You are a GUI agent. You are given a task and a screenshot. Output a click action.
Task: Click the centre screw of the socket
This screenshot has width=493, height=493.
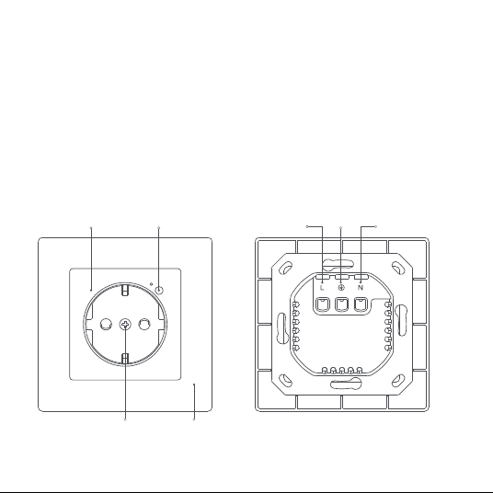[x=125, y=324]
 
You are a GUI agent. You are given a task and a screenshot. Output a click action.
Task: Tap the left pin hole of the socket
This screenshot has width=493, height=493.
[x=106, y=324]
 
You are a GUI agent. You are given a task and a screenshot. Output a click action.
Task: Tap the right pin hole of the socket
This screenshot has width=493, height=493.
[x=144, y=324]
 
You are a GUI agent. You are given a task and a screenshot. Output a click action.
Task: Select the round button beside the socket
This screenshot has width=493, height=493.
[x=160, y=290]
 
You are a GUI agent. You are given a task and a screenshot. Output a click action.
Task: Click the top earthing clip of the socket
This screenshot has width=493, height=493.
[x=125, y=290]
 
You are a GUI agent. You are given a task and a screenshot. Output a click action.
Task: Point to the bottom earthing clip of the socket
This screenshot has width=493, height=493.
[x=125, y=359]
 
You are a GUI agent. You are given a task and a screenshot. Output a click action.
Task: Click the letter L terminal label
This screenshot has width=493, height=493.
[x=322, y=287]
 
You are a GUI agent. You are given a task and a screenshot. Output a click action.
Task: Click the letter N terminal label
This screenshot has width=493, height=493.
[x=361, y=287]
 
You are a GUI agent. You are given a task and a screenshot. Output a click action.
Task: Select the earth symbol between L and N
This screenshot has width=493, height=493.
[x=341, y=287]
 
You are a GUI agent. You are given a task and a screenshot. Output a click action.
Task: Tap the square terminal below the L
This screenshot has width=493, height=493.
[x=322, y=304]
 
